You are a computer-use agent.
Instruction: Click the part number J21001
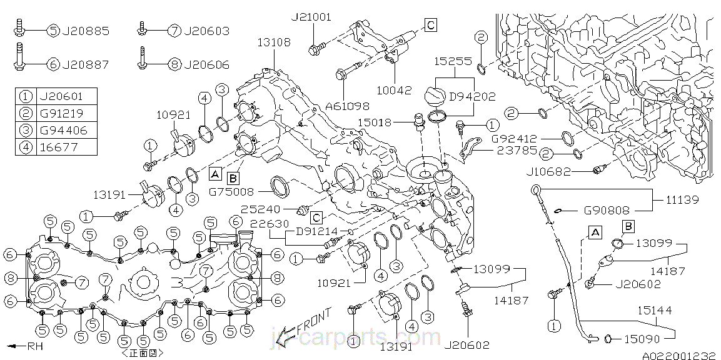[x=311, y=17]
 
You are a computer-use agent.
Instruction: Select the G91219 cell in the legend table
[x=59, y=114]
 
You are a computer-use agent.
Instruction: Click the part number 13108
[x=274, y=42]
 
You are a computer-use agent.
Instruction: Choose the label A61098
[x=348, y=106]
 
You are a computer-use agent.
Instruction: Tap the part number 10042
[x=395, y=90]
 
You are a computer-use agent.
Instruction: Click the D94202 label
[x=473, y=97]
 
